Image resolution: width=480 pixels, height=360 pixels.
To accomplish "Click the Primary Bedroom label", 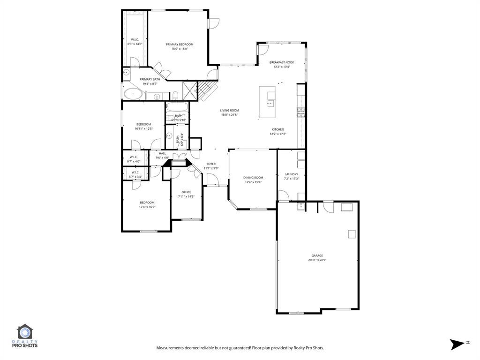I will click(180, 45).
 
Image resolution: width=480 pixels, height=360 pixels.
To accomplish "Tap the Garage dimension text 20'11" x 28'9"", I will click(317, 260).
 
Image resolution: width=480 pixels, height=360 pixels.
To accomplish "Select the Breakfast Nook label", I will click(282, 62).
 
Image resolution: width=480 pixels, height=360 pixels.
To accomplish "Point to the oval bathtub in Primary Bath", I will click(135, 93).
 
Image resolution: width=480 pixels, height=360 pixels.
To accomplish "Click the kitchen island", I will click(268, 102).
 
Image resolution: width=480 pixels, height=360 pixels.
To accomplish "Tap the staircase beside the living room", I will click(207, 90).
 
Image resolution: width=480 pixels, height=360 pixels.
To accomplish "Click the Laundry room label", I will click(291, 174).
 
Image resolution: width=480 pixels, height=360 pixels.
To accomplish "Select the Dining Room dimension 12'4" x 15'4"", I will click(253, 182).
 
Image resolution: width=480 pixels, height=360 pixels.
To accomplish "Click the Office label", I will click(186, 192).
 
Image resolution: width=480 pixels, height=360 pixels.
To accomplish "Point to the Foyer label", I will click(211, 164).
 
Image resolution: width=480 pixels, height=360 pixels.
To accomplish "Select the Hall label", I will click(162, 153).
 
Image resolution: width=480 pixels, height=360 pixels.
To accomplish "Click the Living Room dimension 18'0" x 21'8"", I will click(230, 114).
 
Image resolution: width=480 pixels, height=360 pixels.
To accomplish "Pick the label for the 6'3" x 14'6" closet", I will click(135, 39).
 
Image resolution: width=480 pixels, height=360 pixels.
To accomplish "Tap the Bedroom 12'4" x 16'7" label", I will click(147, 202).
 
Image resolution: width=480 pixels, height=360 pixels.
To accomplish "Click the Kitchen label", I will click(277, 129).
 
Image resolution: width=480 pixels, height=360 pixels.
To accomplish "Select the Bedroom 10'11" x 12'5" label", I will click(143, 124).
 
